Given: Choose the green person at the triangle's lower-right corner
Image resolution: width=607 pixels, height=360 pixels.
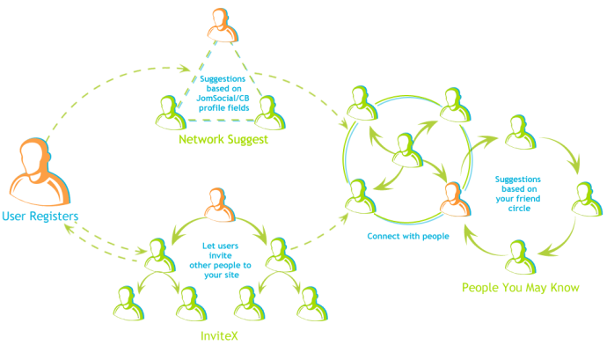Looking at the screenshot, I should [271, 111].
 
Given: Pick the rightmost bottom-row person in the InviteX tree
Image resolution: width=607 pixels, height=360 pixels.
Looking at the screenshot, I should [308, 301].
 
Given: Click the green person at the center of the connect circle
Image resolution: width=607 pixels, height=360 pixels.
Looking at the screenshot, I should [406, 149].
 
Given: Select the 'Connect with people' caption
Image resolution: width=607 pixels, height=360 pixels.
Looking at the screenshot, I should [408, 237].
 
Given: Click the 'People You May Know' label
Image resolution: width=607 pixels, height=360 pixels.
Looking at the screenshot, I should [521, 288].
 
